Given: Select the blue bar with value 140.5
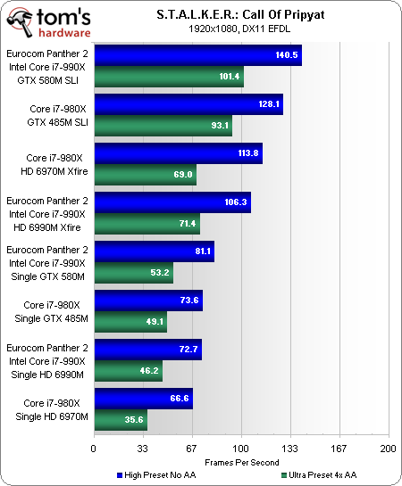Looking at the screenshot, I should (x=197, y=54).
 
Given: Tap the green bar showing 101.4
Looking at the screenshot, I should (x=168, y=77).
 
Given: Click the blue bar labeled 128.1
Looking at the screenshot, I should (x=188, y=105).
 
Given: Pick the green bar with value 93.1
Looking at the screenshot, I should (x=163, y=126).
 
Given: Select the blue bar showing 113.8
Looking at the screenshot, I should (x=178, y=152).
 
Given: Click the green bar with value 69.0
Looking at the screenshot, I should (x=145, y=175).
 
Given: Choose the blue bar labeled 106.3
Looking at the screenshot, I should (x=172, y=202).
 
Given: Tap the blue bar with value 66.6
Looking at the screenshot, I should (x=143, y=399).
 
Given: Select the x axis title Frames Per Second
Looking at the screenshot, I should (x=240, y=462).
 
